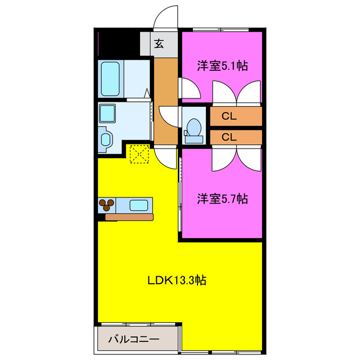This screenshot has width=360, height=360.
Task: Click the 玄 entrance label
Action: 159,44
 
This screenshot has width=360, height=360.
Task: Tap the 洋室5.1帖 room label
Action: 222,66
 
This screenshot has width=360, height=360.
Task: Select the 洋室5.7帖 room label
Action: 222,199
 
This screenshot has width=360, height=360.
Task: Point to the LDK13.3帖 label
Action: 177,280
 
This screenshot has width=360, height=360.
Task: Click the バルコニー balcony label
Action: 134,339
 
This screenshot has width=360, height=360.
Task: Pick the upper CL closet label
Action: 229,116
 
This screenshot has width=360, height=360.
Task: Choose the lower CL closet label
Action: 229,137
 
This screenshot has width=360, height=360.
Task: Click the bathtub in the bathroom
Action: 110,79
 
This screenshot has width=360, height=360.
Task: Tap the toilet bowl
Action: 194,127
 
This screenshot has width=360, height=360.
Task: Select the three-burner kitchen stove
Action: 106,205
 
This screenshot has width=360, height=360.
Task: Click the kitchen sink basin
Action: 139,205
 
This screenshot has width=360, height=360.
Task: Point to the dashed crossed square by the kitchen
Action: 139,154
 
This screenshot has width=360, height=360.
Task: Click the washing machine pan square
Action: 107,114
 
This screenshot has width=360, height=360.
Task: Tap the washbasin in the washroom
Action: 106,139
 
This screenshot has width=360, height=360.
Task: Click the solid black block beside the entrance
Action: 119,43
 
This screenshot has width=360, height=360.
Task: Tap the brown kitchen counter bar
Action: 129,217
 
